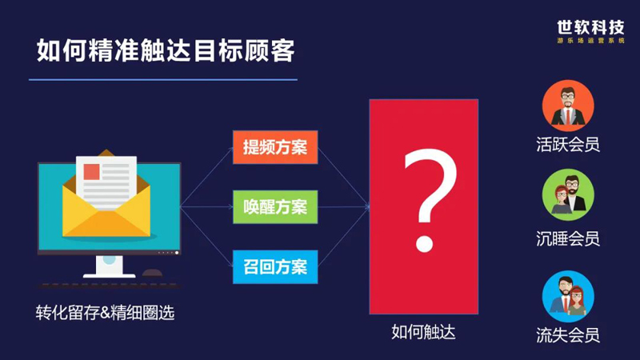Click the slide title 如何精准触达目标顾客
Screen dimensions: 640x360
click(166, 50)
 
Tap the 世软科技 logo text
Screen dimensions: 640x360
click(590, 28)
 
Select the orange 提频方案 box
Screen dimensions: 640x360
click(275, 147)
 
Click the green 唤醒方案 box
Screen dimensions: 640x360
click(275, 207)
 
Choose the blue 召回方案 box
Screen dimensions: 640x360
click(275, 267)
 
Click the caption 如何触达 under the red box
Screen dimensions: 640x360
click(423, 332)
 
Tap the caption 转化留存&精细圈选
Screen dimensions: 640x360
click(106, 313)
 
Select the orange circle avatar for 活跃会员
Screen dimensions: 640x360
click(568, 106)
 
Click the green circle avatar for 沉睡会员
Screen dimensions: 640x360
click(568, 194)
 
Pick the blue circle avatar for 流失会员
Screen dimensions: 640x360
click(568, 296)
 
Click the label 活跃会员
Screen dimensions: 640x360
click(568, 145)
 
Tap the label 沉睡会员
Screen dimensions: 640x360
click(568, 238)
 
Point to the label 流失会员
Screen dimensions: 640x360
click(568, 335)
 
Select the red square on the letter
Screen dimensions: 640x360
click(91, 172)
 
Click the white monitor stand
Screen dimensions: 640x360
click(109, 267)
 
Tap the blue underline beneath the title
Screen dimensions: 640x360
click(163, 79)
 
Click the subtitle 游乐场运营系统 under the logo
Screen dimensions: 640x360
click(590, 41)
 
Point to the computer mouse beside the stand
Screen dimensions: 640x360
click(152, 273)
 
